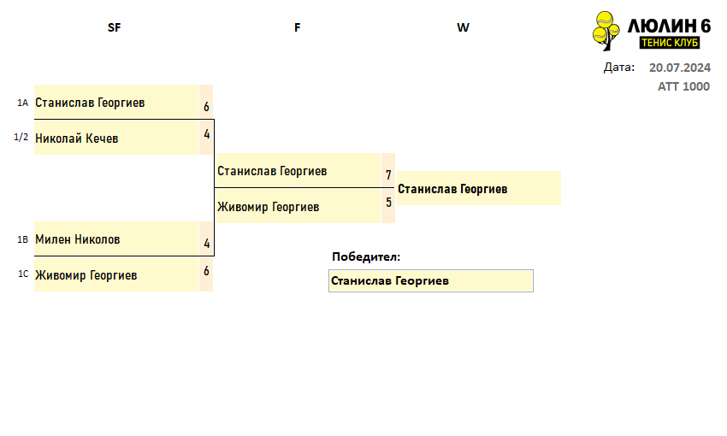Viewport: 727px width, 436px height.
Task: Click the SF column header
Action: (x=114, y=28)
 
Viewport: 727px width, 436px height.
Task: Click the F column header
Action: (x=297, y=28)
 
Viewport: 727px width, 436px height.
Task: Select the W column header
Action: (x=463, y=28)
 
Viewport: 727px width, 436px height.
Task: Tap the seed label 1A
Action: (x=23, y=103)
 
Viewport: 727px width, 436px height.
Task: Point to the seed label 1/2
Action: (x=21, y=137)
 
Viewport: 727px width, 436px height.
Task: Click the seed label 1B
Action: (x=23, y=239)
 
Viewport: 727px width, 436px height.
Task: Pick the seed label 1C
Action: (x=23, y=274)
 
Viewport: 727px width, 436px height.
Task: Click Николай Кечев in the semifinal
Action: (x=76, y=138)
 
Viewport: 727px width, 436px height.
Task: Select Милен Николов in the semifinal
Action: (x=78, y=239)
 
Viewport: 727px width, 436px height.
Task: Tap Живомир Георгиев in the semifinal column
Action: (x=86, y=275)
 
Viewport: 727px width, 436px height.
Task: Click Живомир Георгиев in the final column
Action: (x=268, y=207)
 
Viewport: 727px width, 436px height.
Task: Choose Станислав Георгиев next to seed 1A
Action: (x=90, y=103)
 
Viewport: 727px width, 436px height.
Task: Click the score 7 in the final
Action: (x=388, y=175)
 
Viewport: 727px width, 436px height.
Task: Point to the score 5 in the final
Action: (x=388, y=203)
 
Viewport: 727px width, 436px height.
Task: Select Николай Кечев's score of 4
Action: (x=207, y=134)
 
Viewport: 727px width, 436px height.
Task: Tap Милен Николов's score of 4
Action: (x=207, y=244)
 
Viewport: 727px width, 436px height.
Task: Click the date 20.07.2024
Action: (x=680, y=68)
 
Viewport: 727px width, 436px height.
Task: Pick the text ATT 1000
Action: (x=684, y=86)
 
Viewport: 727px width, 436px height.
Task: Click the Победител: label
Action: (x=366, y=256)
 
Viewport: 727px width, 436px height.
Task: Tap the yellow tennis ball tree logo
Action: (x=606, y=31)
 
